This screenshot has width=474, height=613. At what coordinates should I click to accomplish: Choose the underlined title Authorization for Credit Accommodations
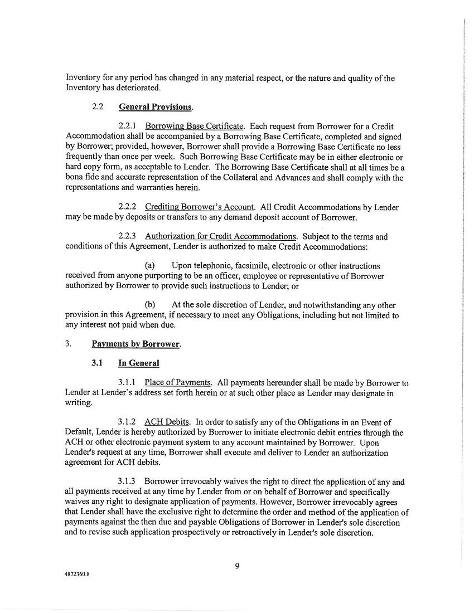[x=220, y=236]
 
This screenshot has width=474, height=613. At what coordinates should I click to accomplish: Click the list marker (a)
[x=149, y=265]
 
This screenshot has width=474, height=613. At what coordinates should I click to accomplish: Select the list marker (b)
[x=149, y=305]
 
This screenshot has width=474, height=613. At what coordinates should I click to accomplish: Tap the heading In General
[x=138, y=363]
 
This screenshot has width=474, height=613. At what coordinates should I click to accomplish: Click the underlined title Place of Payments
[x=177, y=383]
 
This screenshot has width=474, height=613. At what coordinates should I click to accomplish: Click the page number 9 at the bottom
[x=237, y=567]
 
